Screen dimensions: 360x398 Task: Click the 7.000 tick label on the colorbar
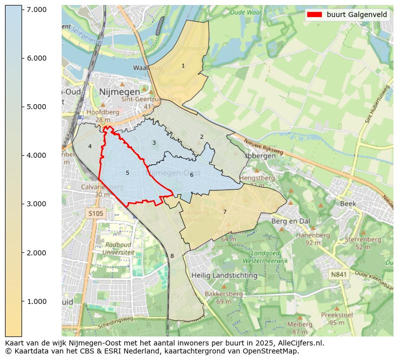[36, 10]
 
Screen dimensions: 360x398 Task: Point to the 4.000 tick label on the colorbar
[36, 155]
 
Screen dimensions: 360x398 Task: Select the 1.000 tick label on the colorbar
[36, 301]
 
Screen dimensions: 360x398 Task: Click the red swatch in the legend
[314, 15]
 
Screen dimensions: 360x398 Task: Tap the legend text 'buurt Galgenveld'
[357, 15]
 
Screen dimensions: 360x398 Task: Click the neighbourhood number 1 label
[183, 66]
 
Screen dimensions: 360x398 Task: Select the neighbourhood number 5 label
[127, 173]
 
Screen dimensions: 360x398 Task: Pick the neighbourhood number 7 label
[225, 212]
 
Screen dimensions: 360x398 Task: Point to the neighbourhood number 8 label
[172, 256]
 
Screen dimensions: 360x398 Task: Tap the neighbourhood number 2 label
[202, 137]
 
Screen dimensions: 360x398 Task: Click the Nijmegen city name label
[119, 92]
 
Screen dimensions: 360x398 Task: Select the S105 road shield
[95, 214]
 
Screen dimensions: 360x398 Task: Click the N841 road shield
[339, 274]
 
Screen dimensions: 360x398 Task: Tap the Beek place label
[348, 204]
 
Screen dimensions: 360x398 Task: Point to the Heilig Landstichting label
[224, 275]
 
